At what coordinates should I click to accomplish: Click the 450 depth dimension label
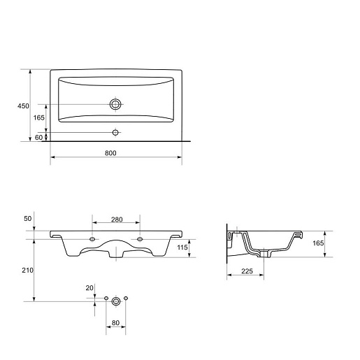[x=23, y=106]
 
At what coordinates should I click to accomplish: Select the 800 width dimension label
[x=110, y=153]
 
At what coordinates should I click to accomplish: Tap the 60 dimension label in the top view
[x=38, y=138]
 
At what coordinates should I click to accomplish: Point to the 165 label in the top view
[x=38, y=117]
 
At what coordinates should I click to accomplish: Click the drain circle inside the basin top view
[x=115, y=104]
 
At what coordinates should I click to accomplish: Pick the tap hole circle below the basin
[x=115, y=133]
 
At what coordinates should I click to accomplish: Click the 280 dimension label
[x=117, y=219]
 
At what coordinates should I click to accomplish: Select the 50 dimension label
[x=28, y=219]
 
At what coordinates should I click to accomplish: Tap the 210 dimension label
[x=27, y=271]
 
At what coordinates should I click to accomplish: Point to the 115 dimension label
[x=182, y=247]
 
